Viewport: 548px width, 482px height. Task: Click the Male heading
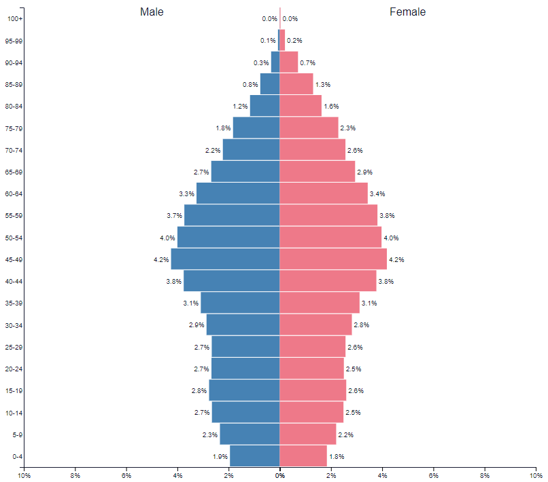[x=152, y=12]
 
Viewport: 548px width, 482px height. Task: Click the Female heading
[x=407, y=12]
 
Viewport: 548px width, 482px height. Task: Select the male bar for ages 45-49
[x=225, y=259]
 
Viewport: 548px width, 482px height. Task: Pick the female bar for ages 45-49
[x=333, y=259]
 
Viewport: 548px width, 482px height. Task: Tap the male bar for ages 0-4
[x=254, y=456]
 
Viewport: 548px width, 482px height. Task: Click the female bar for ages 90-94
[x=289, y=62]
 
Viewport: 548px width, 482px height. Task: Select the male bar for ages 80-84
[x=264, y=106]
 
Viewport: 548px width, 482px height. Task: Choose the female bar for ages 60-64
[x=324, y=193]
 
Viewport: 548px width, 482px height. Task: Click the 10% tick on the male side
[x=24, y=476]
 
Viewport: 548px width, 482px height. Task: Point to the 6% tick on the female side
[x=434, y=476]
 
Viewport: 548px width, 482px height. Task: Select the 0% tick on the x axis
[x=279, y=476]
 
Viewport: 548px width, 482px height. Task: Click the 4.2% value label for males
[x=161, y=259]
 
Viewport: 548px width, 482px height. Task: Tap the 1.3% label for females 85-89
[x=322, y=85]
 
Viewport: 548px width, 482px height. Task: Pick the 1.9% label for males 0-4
[x=220, y=456]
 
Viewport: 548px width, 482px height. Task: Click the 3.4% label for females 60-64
[x=377, y=193]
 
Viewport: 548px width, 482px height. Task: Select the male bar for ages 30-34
[x=243, y=325]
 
